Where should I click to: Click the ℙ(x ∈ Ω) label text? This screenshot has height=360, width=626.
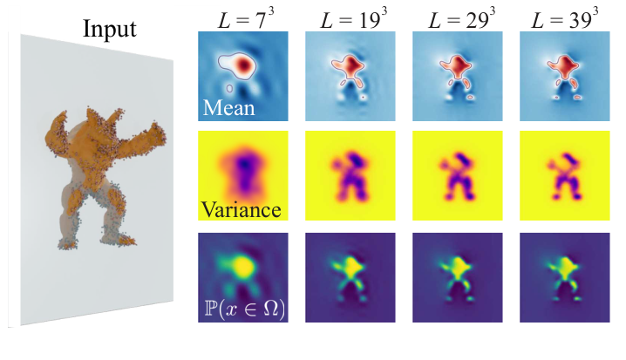(246, 308)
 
